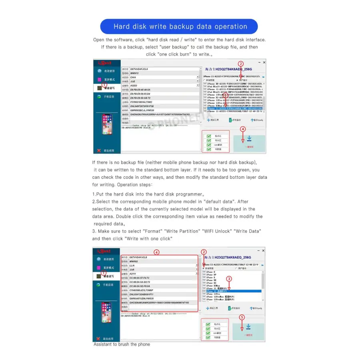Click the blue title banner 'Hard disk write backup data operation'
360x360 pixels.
(180, 27)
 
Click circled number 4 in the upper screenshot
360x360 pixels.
(242, 129)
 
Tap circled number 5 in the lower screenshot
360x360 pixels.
(242, 317)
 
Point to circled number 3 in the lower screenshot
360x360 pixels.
(229, 278)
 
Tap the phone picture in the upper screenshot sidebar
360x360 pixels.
(106, 124)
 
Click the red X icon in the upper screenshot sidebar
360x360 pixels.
(99, 150)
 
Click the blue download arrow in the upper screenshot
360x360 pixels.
(249, 139)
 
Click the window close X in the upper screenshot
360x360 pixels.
(264, 63)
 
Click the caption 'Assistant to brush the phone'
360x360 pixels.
(122, 344)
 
